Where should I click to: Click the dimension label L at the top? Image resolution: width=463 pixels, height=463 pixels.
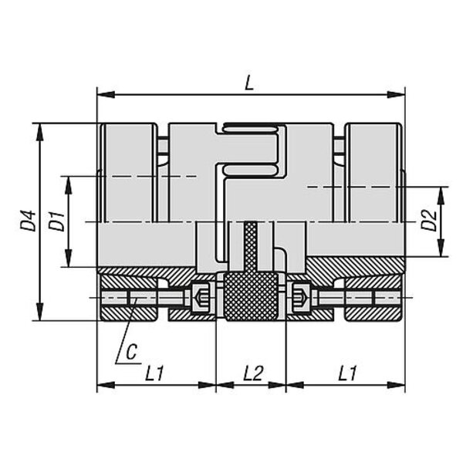(249, 83)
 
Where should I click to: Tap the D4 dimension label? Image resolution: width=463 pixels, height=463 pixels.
(29, 221)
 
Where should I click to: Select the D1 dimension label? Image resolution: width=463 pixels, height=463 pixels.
(57, 221)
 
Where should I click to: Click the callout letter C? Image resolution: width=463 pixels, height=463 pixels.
(132, 351)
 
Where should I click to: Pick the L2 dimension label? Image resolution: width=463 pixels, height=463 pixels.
(253, 373)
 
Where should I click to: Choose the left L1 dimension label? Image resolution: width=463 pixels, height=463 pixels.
(154, 373)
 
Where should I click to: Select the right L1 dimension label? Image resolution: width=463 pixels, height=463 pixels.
(347, 373)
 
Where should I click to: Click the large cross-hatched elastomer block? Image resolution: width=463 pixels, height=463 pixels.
(252, 296)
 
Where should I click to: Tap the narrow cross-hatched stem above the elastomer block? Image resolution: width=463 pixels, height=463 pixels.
(252, 247)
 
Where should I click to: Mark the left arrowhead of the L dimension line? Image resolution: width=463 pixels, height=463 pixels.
(106, 94)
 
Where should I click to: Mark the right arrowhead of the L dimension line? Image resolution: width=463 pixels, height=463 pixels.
(396, 94)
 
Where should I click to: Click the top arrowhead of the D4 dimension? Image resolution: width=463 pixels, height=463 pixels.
(39, 132)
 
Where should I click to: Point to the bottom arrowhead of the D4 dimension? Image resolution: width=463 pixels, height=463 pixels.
(39, 312)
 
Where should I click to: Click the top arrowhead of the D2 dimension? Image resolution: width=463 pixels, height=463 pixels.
(441, 195)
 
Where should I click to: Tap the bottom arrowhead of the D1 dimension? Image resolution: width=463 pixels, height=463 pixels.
(69, 259)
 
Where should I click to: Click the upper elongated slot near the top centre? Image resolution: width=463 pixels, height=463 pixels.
(250, 129)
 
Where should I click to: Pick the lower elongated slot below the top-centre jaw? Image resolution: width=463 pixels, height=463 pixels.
(250, 169)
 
